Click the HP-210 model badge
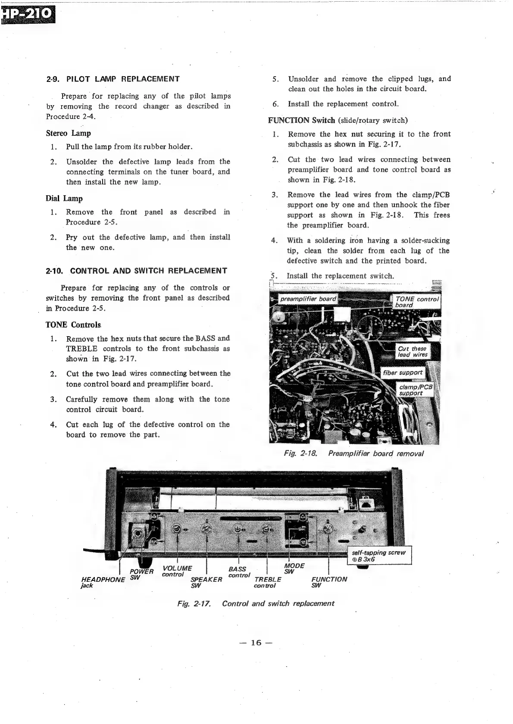[28, 16]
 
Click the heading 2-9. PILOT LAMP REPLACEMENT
[113, 79]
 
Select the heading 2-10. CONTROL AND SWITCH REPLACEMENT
[137, 271]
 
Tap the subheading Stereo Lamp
[68, 133]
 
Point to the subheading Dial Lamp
[64, 198]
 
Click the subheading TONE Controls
[73, 325]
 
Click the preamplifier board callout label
[308, 299]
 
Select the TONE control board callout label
[416, 302]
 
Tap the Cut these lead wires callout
[413, 352]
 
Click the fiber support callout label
[403, 372]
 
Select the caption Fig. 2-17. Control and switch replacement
[256, 603]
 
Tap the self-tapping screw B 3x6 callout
[379, 556]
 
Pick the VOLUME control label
[177, 571]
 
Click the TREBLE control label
[268, 582]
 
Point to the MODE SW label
[294, 568]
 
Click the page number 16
[256, 643]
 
